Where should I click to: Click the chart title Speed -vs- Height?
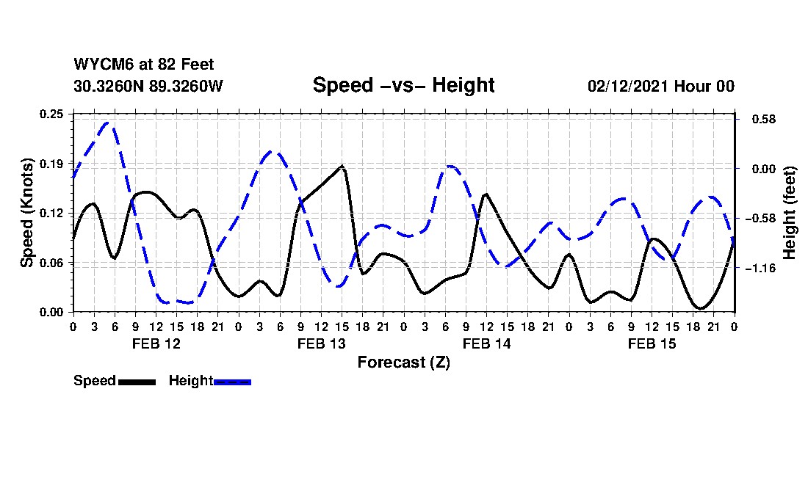point(403,85)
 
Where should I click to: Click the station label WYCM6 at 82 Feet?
point(144,65)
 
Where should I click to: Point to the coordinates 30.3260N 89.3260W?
point(148,86)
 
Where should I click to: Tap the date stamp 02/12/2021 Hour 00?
point(660,86)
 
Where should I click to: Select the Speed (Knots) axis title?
point(27,212)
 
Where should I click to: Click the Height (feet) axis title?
point(790,213)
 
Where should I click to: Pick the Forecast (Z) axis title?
point(403,362)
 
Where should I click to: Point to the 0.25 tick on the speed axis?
point(52,114)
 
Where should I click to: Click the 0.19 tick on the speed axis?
point(52,163)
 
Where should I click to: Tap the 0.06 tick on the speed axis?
point(52,263)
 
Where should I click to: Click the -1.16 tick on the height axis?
point(760,269)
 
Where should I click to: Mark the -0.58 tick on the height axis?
point(760,219)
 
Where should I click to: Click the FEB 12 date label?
point(156,343)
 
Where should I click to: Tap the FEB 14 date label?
point(486,343)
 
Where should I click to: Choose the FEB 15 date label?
point(652,343)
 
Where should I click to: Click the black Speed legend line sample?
point(137,382)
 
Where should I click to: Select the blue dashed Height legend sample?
point(232,382)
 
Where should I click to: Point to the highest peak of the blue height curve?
point(109,123)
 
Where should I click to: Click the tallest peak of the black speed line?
point(342,166)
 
